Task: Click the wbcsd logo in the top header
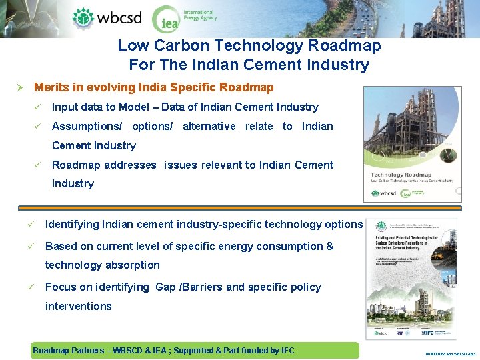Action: (x=107, y=17)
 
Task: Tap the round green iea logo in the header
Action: (x=166, y=20)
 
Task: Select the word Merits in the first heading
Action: (x=51, y=87)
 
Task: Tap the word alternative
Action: (x=209, y=126)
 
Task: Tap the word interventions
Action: (x=79, y=306)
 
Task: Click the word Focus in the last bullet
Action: (x=60, y=287)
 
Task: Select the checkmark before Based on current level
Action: (x=31, y=246)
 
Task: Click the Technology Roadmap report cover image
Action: (x=411, y=144)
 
